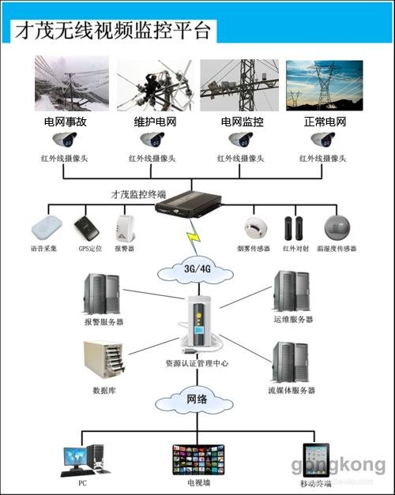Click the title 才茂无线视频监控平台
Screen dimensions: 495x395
[x=111, y=30]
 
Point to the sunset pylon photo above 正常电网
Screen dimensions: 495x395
[x=324, y=83]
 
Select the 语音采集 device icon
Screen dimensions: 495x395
[x=45, y=229]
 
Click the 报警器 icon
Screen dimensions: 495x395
[x=124, y=230]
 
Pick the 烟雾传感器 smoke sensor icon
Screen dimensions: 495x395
[x=254, y=228]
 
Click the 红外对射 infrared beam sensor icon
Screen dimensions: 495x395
[x=294, y=228]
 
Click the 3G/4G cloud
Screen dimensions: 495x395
[x=197, y=268]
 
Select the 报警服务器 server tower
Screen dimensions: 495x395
[x=102, y=294]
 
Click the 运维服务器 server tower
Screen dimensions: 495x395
[x=292, y=292]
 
